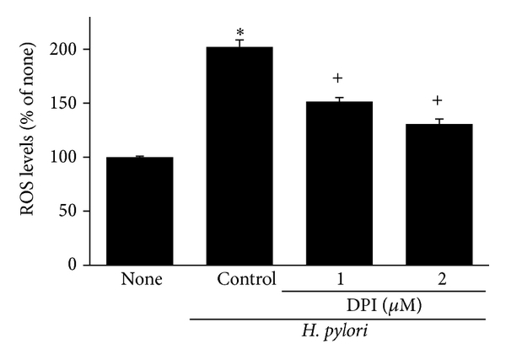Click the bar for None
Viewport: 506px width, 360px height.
pos(139,211)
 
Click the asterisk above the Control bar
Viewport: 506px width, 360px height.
pos(240,34)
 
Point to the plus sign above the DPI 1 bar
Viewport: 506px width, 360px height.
pos(338,78)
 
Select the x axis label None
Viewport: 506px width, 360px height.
pos(140,280)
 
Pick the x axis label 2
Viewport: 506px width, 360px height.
pos(438,279)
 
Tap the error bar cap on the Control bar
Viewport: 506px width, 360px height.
pos(240,40)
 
